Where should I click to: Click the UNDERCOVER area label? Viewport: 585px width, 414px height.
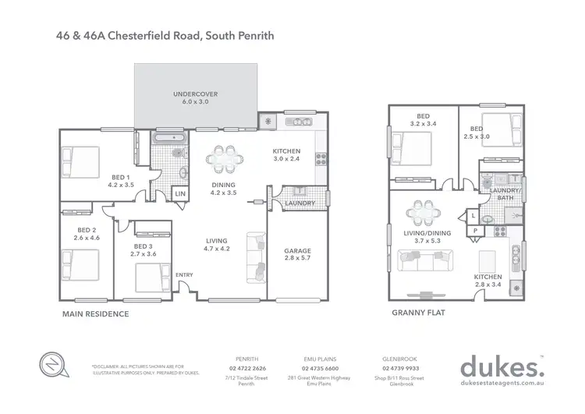click(195, 97)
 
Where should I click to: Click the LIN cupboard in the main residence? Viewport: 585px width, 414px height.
click(180, 193)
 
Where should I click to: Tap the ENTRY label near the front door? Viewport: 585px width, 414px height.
click(184, 274)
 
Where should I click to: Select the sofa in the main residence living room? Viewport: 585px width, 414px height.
click(255, 257)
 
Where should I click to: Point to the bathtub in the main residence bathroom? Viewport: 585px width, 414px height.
click(169, 138)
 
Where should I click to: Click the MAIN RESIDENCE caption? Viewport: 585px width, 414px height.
click(95, 314)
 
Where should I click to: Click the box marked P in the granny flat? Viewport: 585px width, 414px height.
click(473, 232)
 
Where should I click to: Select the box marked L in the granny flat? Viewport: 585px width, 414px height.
click(473, 215)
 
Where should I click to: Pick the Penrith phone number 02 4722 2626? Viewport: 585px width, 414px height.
click(247, 368)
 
